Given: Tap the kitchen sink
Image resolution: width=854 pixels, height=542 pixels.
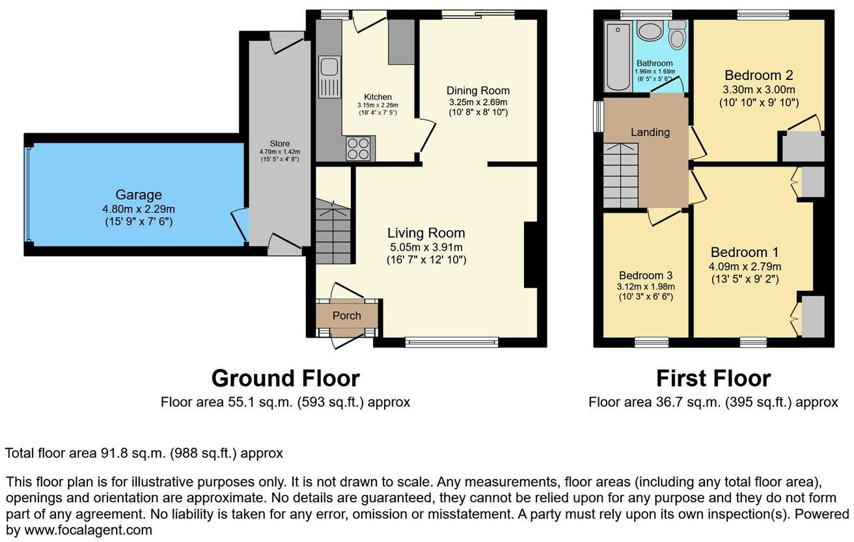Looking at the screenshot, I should [x=329, y=76].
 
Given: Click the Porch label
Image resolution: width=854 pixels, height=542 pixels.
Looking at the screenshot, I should [x=346, y=316].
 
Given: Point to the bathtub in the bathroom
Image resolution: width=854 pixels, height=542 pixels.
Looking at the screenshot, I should [x=617, y=57].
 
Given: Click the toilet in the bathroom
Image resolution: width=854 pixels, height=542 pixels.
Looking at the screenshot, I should [x=677, y=36].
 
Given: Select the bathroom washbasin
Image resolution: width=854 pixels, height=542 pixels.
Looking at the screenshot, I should [x=648, y=31].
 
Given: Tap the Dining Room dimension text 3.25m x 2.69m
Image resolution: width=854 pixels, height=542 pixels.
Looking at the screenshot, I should [x=478, y=102].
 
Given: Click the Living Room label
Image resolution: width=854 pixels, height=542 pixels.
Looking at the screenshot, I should [x=426, y=233].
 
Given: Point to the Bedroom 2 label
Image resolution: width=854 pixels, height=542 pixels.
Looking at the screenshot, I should [x=758, y=75].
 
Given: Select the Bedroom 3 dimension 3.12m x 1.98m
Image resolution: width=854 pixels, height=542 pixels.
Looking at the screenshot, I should [x=645, y=286].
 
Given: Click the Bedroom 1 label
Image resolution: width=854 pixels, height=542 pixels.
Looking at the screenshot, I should [x=745, y=252].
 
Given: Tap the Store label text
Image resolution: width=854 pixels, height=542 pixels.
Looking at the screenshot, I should [x=280, y=144].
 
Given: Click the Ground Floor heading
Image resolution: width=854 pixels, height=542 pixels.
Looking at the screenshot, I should [x=285, y=378].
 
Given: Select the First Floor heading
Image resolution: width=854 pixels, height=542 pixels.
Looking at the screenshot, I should [x=713, y=378].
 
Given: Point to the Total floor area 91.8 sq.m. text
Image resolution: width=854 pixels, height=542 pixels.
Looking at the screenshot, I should [x=144, y=453].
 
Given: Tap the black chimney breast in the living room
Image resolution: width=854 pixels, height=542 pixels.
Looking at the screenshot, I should [x=530, y=254].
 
